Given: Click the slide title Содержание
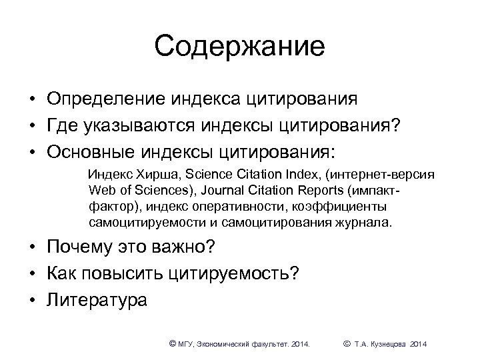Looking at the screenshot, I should pyautogui.click(x=239, y=46).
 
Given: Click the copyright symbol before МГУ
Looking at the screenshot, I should pyautogui.click(x=173, y=343).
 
